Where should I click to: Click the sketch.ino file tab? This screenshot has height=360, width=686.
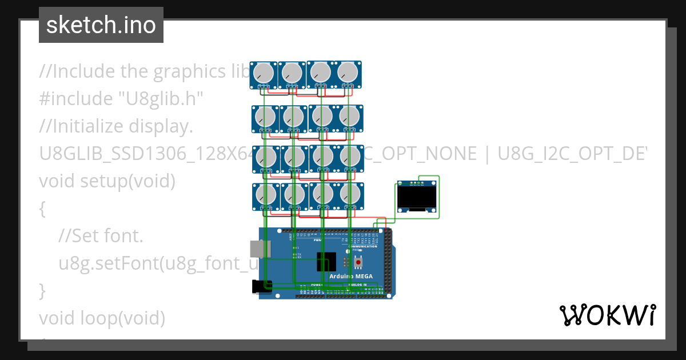(101, 25)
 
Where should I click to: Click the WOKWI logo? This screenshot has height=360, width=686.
(607, 315)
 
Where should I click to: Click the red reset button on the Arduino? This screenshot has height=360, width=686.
(359, 263)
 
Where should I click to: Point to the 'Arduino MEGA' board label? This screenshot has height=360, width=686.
(350, 277)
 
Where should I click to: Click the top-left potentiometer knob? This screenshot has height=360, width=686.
(264, 73)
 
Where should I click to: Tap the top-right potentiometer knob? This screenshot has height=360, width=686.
(348, 73)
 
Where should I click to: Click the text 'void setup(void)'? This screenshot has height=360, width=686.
(107, 181)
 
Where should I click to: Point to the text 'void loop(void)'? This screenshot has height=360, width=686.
(102, 318)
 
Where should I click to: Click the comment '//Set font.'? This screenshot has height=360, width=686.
(101, 235)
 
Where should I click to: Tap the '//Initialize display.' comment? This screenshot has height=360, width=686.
(116, 126)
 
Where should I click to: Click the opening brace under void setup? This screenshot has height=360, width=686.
(42, 209)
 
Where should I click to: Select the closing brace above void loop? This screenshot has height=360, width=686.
(42, 290)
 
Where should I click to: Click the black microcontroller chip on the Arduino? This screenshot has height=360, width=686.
(326, 262)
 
